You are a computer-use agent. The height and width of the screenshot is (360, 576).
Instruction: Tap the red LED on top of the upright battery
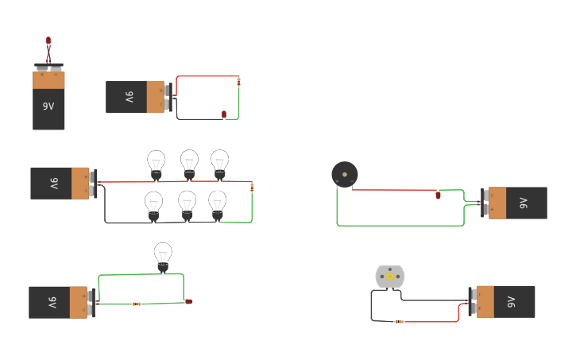[48, 40]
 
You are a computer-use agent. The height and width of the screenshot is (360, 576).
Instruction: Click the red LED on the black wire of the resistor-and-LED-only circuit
[224, 114]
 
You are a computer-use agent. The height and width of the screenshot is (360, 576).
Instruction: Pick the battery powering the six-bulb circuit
[61, 183]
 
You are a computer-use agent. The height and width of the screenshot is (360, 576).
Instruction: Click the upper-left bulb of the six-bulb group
[157, 163]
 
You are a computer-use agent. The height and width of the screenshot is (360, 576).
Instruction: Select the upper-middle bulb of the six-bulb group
[189, 162]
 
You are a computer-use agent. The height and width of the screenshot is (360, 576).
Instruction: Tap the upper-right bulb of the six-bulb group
[220, 162]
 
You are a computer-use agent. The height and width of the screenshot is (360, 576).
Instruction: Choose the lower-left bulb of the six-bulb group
[153, 204]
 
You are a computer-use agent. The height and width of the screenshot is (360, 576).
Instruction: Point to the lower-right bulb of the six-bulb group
[218, 203]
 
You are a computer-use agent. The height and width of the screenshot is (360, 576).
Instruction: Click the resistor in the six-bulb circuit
[252, 188]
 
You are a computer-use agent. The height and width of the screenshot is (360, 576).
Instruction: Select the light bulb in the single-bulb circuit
[163, 256]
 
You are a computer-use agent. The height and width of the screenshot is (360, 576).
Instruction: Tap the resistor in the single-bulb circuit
[137, 304]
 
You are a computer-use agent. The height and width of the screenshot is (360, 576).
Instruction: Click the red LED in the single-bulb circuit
[189, 301]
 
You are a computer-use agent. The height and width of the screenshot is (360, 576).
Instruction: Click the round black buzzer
[345, 174]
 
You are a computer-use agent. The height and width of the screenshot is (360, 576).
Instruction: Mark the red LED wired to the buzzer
[438, 195]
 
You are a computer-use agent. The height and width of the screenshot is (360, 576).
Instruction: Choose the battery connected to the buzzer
[516, 203]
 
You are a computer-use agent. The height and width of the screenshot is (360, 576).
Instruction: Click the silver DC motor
[390, 277]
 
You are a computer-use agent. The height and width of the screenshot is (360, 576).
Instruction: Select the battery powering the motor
[504, 302]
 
